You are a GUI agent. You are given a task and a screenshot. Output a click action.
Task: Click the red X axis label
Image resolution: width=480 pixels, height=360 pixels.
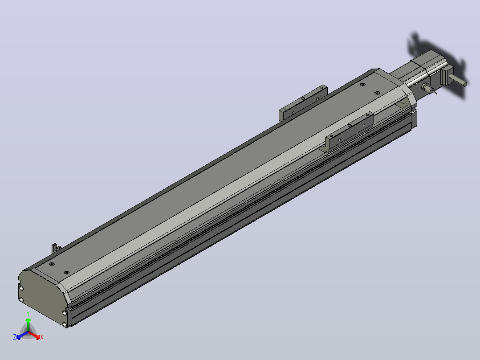pos(42,337)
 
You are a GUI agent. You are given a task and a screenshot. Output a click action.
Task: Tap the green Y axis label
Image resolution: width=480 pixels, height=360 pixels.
pos(28,313)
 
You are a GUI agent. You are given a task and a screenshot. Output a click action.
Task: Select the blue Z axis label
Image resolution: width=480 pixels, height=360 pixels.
pos(15,337)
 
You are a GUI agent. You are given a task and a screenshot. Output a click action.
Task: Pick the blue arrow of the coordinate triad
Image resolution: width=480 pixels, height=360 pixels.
pos(22,335)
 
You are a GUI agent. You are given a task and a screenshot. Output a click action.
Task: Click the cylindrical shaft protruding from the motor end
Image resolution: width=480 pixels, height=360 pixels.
pos(458,80)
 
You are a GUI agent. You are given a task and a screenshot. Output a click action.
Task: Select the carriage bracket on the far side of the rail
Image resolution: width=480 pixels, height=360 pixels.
pos(303,103)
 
